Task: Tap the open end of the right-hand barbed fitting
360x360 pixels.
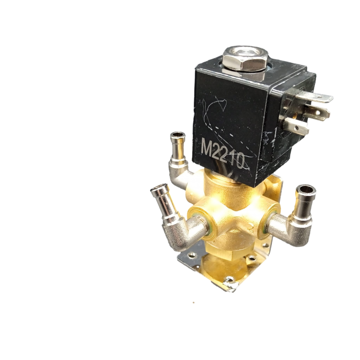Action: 306,189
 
